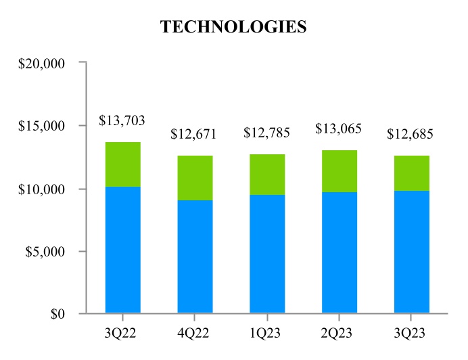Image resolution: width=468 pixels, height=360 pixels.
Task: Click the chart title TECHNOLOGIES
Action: click(233, 27)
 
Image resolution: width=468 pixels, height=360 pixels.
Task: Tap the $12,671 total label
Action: click(193, 134)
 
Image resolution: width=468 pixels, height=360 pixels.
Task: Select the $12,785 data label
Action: click(266, 133)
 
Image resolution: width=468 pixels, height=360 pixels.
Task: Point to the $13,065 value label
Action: click(339, 129)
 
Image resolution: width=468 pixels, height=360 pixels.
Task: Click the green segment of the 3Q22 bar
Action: click(122, 164)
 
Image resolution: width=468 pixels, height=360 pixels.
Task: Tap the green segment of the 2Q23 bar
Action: click(339, 171)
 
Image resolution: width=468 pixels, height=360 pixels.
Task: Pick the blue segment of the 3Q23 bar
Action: click(411, 252)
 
